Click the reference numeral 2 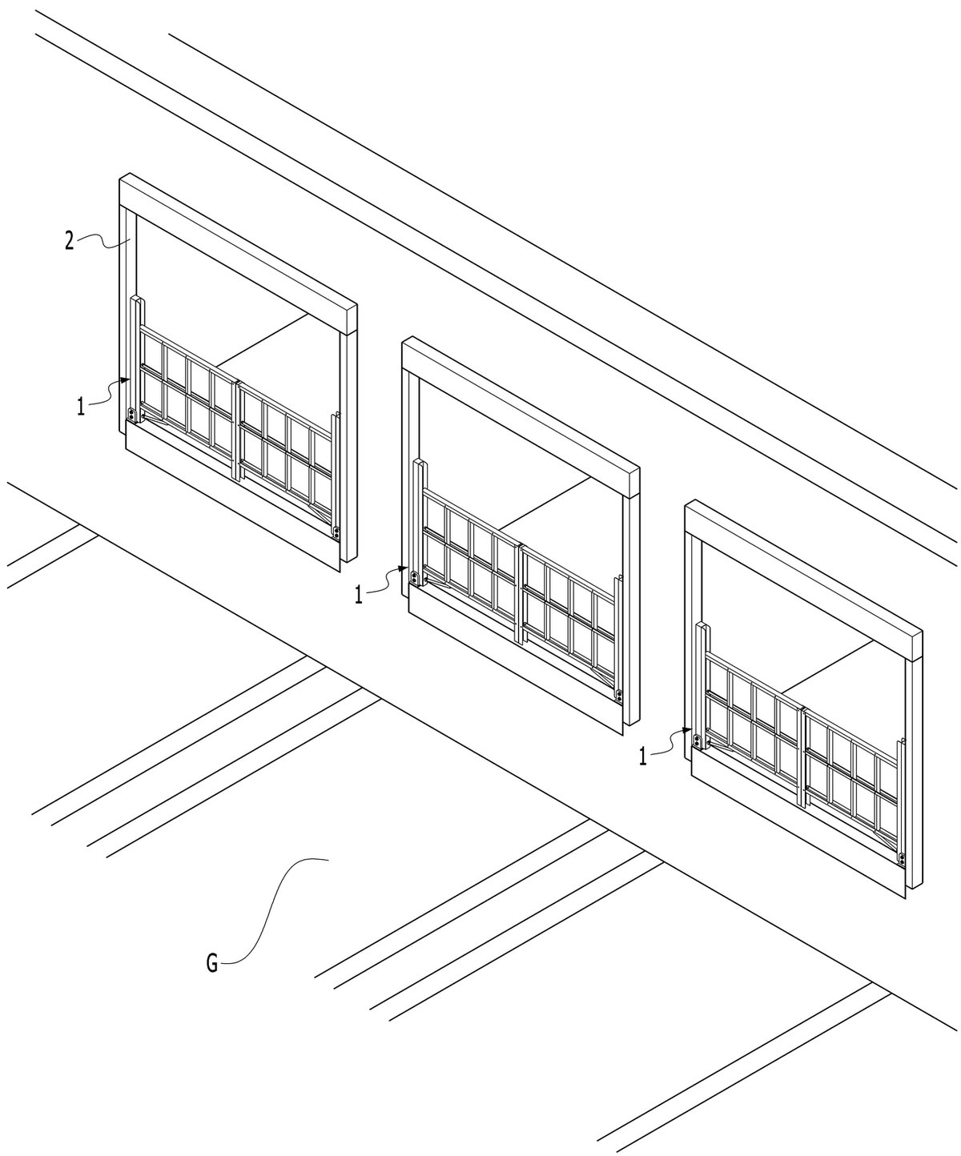tap(69, 242)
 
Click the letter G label tap(213, 964)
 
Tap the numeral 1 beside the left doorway tap(82, 407)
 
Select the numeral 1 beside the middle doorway tap(359, 595)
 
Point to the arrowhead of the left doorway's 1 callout tap(126, 379)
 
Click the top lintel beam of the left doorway tap(238, 255)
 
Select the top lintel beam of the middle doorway tap(521, 418)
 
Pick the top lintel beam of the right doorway tap(804, 581)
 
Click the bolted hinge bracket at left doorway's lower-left tap(132, 415)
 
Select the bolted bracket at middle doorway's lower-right tap(619, 696)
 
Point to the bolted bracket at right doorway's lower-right tap(902, 859)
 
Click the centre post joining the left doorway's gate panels tap(238, 429)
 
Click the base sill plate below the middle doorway tap(517, 667)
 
